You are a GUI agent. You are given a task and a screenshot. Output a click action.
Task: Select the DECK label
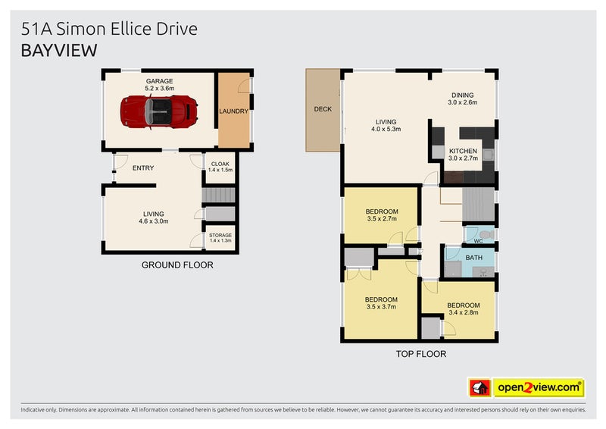click(323, 109)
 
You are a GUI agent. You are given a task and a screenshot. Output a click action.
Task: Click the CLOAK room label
click(220, 167)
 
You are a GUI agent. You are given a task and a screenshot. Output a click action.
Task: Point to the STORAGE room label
click(220, 238)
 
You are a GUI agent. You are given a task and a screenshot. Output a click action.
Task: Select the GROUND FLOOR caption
click(177, 265)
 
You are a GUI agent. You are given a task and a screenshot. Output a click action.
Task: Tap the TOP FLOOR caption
click(420, 354)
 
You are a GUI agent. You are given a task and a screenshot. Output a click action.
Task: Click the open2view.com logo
click(539, 387)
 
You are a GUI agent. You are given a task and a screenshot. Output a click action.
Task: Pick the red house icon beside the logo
click(479, 387)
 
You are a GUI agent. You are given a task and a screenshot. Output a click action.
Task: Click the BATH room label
click(474, 258)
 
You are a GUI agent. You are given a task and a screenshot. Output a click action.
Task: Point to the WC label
click(477, 242)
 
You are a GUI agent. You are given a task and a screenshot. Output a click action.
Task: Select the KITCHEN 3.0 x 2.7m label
click(462, 155)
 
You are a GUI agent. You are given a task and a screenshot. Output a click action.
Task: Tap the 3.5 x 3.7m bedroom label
click(380, 302)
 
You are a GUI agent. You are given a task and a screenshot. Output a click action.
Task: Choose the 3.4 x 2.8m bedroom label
click(464, 308)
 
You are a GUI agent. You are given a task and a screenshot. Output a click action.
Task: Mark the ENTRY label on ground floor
click(142, 168)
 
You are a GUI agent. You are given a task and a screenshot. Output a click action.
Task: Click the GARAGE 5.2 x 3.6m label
click(159, 84)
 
